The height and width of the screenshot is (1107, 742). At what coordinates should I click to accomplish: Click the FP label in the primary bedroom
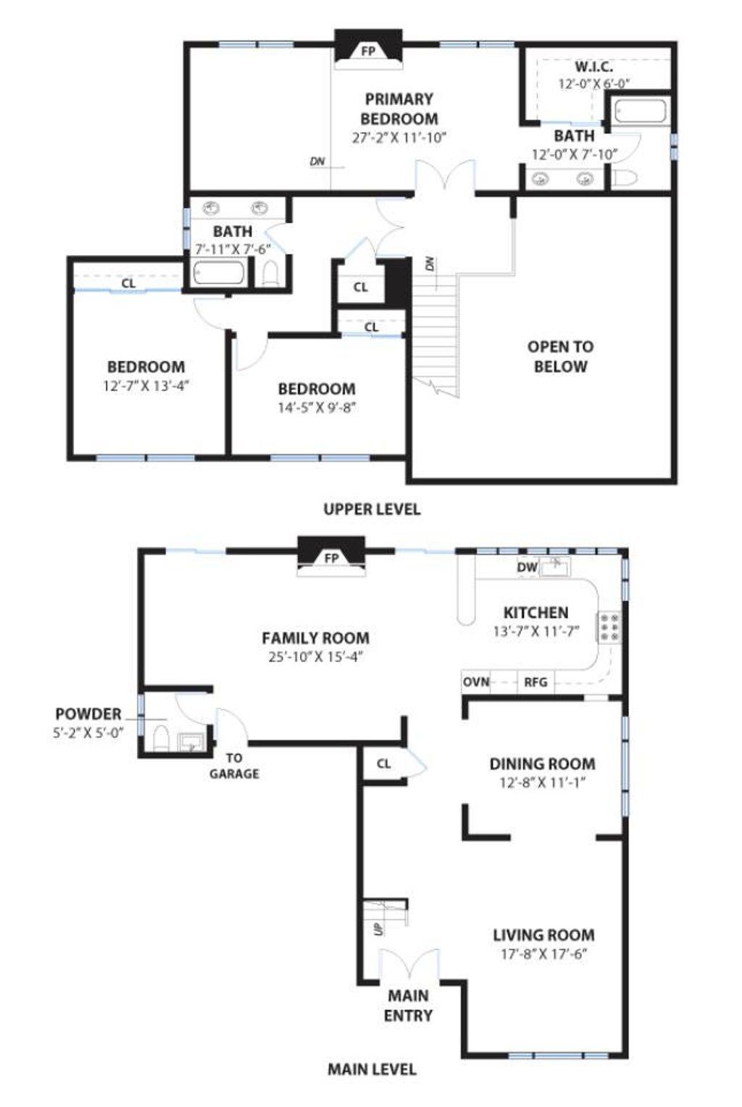(368, 51)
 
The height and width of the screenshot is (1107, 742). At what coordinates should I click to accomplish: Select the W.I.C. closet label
(593, 67)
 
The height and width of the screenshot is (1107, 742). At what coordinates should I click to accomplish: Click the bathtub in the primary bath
(641, 112)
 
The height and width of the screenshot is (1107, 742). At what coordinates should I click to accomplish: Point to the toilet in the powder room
(161, 738)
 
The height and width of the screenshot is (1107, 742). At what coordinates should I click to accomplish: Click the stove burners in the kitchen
(609, 627)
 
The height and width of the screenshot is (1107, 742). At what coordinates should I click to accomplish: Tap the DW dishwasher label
(527, 567)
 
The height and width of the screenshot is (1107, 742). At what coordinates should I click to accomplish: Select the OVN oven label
(476, 682)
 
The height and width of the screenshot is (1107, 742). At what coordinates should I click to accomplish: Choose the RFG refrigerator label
(536, 682)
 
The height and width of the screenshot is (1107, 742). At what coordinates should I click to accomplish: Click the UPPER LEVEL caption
(372, 509)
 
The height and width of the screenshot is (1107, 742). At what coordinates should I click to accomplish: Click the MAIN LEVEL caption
(372, 1069)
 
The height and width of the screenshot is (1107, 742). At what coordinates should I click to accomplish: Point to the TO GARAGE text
(234, 766)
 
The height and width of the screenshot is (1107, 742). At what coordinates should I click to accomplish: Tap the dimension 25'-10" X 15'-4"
(316, 657)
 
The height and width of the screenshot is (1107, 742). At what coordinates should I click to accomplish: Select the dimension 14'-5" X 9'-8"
(317, 408)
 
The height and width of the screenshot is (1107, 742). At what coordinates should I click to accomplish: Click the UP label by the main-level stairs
(379, 929)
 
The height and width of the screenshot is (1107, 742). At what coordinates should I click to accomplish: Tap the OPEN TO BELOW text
(561, 357)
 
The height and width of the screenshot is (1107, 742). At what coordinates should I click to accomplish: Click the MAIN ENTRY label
(409, 1005)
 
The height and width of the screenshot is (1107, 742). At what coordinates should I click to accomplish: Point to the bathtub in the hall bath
(219, 273)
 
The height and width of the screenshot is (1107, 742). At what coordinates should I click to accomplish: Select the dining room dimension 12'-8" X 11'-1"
(542, 782)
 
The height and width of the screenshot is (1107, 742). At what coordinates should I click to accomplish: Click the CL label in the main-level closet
(383, 764)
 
